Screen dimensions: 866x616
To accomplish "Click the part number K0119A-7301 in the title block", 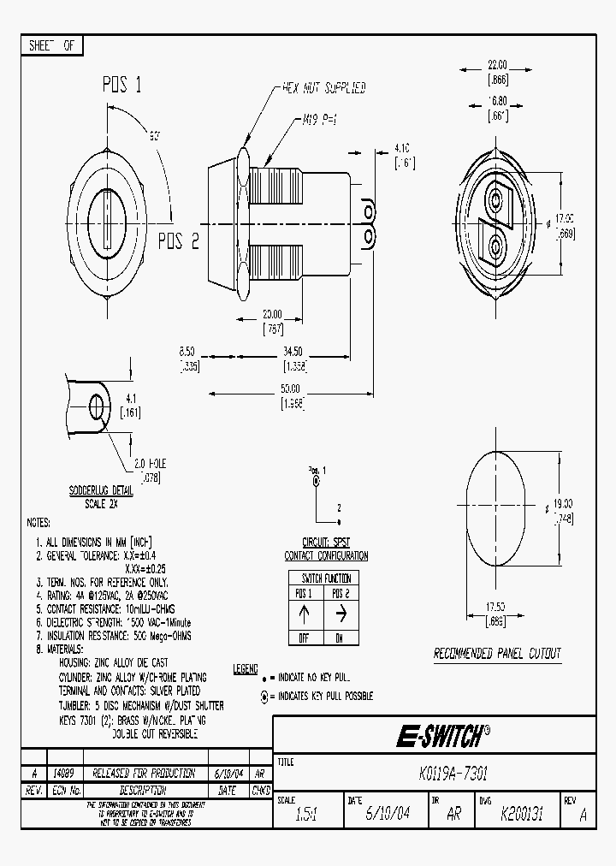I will (x=454, y=773).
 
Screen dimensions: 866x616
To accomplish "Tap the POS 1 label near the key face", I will (x=121, y=85).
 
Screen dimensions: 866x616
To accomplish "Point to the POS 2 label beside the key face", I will (x=178, y=241).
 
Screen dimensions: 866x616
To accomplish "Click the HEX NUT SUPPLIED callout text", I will (x=323, y=88).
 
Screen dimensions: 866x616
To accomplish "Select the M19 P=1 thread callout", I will (x=319, y=121).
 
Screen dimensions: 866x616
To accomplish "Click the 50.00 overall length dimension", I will (x=291, y=389).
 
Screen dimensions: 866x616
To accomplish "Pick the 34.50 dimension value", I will (x=293, y=352).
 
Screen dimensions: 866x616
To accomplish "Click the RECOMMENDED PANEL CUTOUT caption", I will (x=497, y=654).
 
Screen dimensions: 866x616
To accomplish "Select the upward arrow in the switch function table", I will (x=303, y=613).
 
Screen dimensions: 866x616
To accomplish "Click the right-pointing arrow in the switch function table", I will (x=340, y=613).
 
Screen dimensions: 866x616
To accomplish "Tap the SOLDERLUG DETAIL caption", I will (x=101, y=492).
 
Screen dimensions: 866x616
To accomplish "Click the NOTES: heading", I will (x=38, y=523).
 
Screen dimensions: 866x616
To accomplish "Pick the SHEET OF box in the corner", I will (x=51, y=46).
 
